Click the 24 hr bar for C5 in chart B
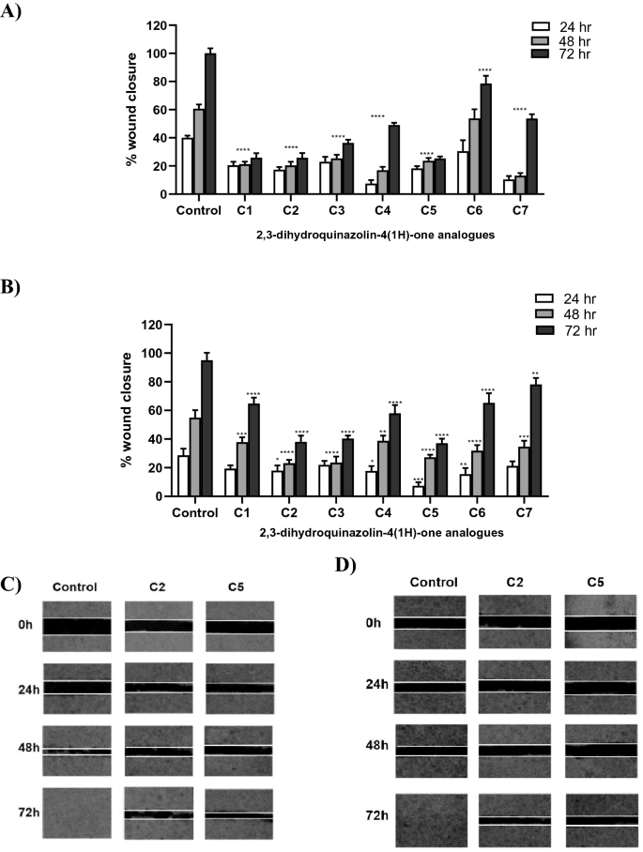pyautogui.click(x=418, y=491)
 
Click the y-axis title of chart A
pyautogui.click(x=132, y=110)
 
